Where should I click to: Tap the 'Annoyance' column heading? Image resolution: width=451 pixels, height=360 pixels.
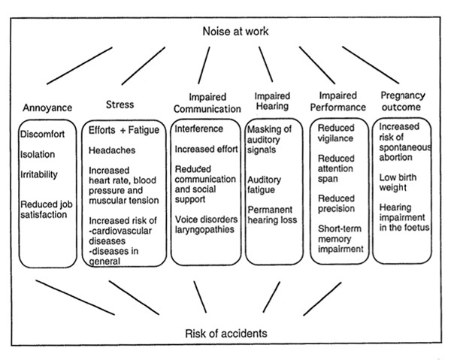(47, 107)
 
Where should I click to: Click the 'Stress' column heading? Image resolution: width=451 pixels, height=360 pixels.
(120, 105)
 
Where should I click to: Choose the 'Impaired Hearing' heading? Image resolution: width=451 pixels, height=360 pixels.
(272, 102)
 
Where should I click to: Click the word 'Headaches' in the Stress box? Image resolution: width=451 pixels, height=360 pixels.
(112, 150)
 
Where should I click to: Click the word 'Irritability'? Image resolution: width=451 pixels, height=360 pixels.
(41, 174)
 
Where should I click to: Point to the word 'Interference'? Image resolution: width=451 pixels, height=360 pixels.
(199, 129)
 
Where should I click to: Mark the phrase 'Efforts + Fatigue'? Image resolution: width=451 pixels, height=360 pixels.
(123, 130)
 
